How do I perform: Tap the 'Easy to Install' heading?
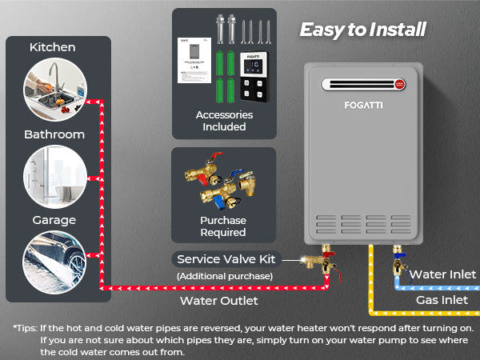click(x=362, y=30)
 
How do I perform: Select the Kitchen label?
click(x=53, y=47)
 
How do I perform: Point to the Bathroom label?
click(x=53, y=134)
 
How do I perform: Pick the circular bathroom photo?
click(x=53, y=175)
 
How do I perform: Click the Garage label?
click(x=53, y=220)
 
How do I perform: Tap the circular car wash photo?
click(x=53, y=262)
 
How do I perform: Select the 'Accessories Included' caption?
click(x=224, y=121)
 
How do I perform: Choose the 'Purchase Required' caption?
click(x=223, y=226)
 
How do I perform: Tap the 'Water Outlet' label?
click(x=218, y=301)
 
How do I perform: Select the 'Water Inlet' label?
click(x=442, y=274)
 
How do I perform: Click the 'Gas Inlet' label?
click(x=442, y=300)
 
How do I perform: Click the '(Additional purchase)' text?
click(x=225, y=276)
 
